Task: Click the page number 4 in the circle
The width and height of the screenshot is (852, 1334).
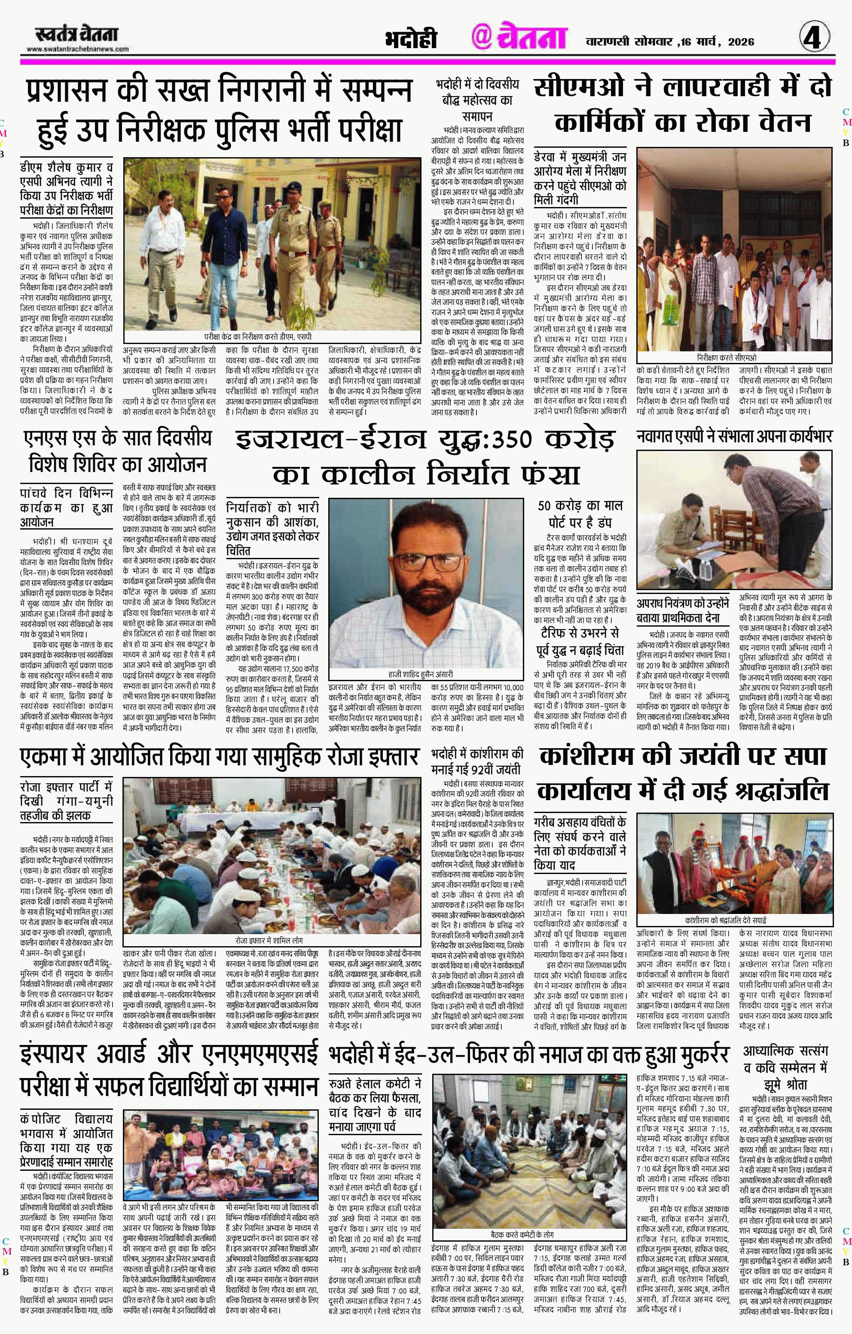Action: [x=814, y=39]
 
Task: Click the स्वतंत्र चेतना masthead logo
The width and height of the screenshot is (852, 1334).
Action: [x=76, y=34]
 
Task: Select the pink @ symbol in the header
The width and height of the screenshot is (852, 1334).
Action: [x=482, y=38]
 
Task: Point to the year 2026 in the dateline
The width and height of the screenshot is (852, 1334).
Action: [x=741, y=42]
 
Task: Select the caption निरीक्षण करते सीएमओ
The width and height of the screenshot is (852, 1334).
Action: [x=734, y=358]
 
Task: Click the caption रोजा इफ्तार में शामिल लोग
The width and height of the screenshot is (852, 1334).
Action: [x=268, y=941]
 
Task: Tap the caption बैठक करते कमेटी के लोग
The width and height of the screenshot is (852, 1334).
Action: [x=522, y=1235]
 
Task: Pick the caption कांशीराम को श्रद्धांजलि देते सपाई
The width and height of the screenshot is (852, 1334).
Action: [x=733, y=920]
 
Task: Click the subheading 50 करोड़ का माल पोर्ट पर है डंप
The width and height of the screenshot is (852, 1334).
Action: [x=580, y=513]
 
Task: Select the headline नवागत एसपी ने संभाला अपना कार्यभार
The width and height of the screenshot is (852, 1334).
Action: [x=734, y=436]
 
